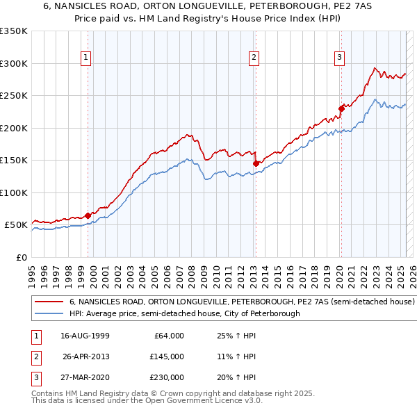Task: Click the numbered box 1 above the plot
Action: click(86, 58)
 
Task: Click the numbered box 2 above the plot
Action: click(254, 58)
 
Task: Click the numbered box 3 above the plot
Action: click(339, 58)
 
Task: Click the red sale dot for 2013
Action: click(256, 163)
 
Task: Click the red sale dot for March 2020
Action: click(341, 108)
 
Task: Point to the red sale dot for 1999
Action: click(88, 215)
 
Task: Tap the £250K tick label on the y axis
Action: click(14, 95)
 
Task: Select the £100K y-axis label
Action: click(14, 192)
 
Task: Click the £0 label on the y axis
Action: click(21, 257)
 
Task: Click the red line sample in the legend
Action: click(49, 302)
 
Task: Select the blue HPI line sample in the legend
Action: click(49, 314)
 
